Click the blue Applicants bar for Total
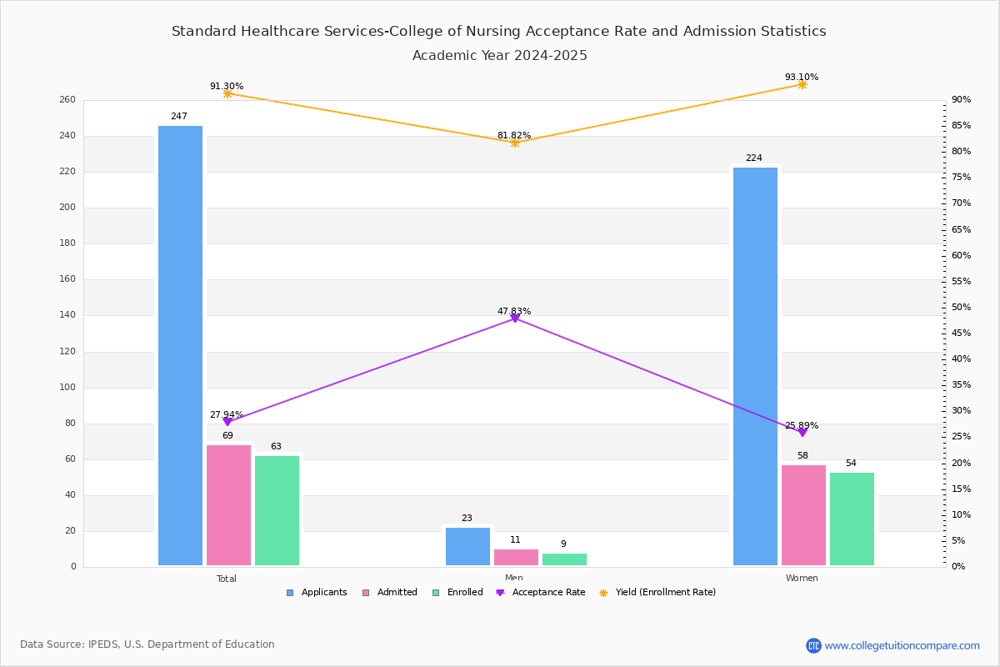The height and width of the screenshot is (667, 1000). (180, 345)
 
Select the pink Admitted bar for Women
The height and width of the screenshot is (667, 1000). (803, 515)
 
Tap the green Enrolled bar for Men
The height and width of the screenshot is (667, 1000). (564, 559)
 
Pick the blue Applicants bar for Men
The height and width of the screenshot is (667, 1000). (467, 547)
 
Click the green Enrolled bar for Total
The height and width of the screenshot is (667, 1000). (277, 510)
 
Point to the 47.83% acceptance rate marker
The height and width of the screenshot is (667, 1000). (515, 318)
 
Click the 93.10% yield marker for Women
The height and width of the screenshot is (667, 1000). (802, 84)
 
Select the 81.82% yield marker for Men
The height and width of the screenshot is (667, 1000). (515, 143)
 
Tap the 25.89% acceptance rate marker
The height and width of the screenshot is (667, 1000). (802, 432)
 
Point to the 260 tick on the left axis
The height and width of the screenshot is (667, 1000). (67, 100)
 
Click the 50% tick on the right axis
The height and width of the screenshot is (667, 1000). (961, 308)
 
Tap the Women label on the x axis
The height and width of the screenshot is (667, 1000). (802, 579)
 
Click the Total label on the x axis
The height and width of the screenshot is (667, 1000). (227, 579)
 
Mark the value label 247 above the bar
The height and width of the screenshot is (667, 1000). (179, 117)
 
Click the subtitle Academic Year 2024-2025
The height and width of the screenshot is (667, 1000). (500, 56)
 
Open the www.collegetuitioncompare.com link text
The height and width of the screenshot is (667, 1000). (902, 645)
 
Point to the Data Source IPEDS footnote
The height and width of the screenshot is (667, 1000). (147, 644)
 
